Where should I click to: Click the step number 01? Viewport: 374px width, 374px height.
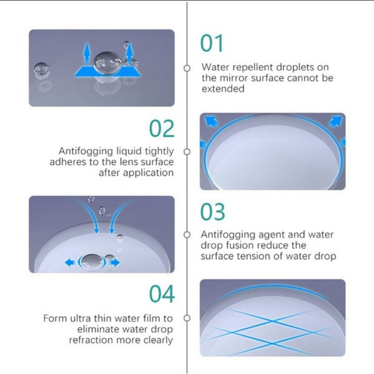(x=212, y=43)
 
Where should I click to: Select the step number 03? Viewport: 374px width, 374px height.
(x=212, y=212)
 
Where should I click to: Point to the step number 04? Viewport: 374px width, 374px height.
(x=162, y=294)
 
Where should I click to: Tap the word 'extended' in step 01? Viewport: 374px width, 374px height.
(x=223, y=89)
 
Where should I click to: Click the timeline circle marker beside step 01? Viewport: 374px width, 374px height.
(x=187, y=68)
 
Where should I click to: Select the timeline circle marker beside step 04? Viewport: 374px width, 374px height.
(x=187, y=318)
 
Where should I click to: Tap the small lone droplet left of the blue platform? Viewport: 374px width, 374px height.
(x=42, y=70)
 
